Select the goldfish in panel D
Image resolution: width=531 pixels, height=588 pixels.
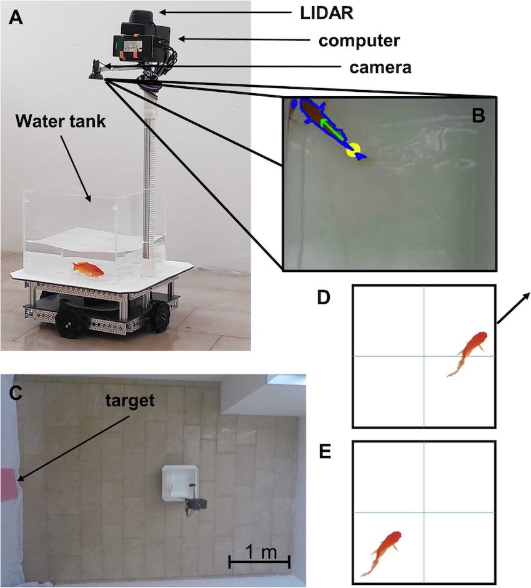pyautogui.click(x=468, y=353)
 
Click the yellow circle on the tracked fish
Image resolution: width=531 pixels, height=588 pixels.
pyautogui.click(x=354, y=149)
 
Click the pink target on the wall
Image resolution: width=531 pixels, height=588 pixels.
pyautogui.click(x=9, y=484)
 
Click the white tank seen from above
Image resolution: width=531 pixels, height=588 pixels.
pyautogui.click(x=179, y=482)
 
